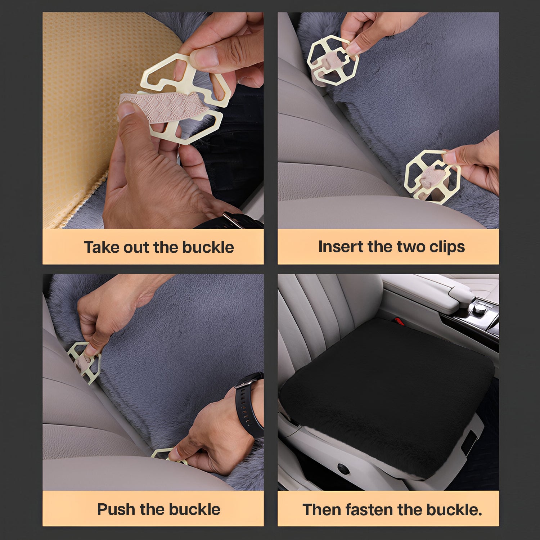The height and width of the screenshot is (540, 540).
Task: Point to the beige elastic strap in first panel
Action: pos(158,108)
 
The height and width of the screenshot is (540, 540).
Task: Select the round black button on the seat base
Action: pos(343,469)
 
